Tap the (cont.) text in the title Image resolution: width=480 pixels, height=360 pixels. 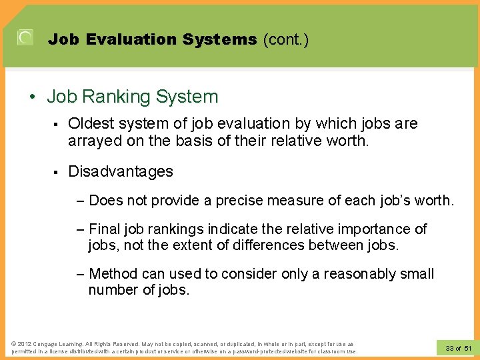pyautogui.click(x=285, y=39)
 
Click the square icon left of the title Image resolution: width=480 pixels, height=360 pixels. pyautogui.click(x=25, y=37)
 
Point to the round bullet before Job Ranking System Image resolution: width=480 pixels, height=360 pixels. pyautogui.click(x=33, y=97)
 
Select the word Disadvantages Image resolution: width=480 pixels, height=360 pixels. pyautogui.click(x=121, y=171)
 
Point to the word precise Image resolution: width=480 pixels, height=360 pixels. pyautogui.click(x=234, y=200)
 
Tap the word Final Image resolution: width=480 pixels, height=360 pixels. pyautogui.click(x=104, y=229)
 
